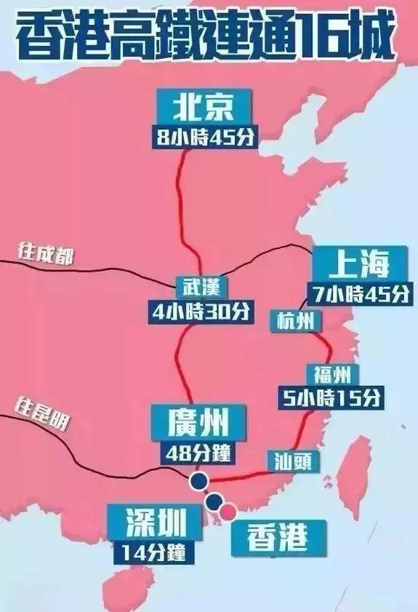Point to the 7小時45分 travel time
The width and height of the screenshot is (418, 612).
pos(358,293)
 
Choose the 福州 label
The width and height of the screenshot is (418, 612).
pos(333,375)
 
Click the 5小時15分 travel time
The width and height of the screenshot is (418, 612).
pos(331,398)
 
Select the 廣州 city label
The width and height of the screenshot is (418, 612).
pos(198,422)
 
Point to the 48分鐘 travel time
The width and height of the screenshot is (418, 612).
pos(198,453)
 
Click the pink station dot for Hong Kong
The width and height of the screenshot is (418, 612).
pos(228,512)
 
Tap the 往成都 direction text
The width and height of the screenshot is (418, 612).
pos(45,255)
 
